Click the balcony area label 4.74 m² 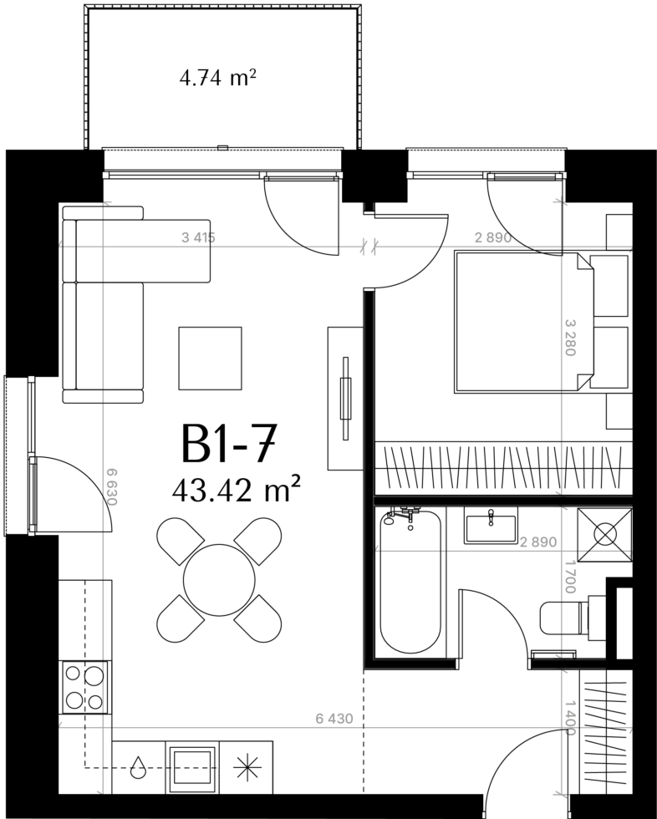click(217, 79)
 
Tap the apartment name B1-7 click(227, 444)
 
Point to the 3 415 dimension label click(198, 237)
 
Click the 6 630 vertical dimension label click(110, 486)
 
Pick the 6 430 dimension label click(334, 719)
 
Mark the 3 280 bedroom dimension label click(570, 338)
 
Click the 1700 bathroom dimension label click(570, 577)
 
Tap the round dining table click(219, 580)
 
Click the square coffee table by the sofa click(210, 359)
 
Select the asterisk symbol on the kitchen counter click(247, 766)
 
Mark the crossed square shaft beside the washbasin click(605, 534)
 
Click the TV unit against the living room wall click(345, 398)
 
